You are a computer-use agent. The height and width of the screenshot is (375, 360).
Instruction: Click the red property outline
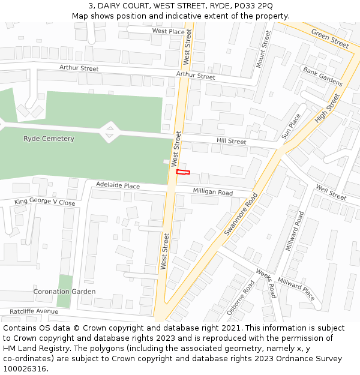(x=183, y=172)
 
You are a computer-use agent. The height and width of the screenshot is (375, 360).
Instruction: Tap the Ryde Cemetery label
(x=49, y=139)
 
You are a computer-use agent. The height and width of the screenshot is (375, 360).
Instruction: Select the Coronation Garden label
(x=64, y=292)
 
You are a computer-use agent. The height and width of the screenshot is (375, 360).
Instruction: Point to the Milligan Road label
(x=212, y=192)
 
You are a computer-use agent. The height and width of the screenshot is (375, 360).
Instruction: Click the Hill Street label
(x=231, y=141)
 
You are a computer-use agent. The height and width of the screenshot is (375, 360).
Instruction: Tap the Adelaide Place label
(x=118, y=186)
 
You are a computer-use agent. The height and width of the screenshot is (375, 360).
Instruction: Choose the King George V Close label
(x=45, y=202)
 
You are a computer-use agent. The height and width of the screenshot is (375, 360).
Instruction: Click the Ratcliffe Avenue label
(x=34, y=311)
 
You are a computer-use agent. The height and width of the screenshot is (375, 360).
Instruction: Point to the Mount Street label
(x=263, y=49)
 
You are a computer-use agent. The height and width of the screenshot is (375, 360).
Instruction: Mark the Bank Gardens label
(x=322, y=76)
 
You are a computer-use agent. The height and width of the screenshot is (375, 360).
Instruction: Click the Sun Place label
(x=291, y=126)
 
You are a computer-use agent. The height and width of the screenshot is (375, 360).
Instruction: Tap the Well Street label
(x=331, y=193)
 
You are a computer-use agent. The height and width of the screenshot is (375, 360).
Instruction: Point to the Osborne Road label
(x=241, y=298)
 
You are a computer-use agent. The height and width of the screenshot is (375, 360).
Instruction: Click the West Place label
(x=168, y=31)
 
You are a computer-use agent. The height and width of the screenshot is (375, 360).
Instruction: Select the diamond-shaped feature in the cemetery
(x=109, y=132)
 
